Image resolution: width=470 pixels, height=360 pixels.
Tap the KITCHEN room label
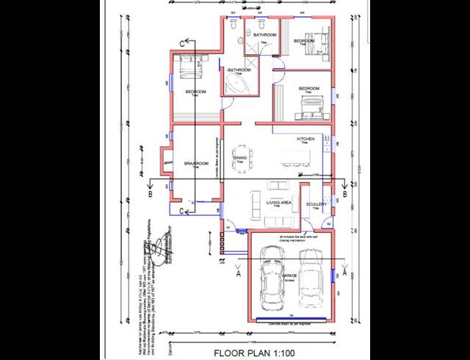tap(305, 139)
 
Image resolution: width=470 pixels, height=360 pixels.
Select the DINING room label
tap(239, 158)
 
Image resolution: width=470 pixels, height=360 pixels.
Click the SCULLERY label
tap(317, 205)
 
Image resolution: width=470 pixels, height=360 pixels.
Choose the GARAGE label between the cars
tap(289, 276)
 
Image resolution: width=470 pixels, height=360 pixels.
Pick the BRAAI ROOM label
tap(197, 164)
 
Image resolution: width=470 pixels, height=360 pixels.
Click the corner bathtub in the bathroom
tap(240, 83)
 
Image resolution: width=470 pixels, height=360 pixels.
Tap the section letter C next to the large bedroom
tap(182, 43)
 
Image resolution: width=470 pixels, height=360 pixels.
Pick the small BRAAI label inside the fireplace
tap(168, 162)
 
